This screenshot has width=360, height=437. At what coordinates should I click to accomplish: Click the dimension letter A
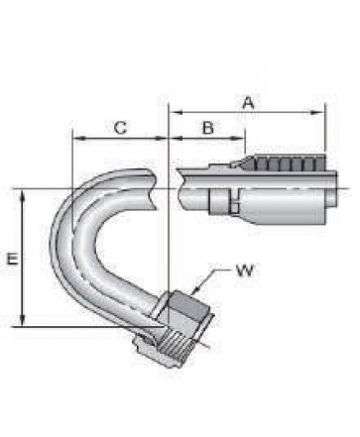(x=249, y=102)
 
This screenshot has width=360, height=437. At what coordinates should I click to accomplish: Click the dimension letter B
(x=208, y=128)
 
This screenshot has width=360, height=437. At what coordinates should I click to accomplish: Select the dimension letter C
(x=121, y=128)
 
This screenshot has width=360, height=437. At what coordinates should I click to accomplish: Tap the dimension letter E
(x=13, y=259)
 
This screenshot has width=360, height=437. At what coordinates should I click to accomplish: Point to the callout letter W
(x=245, y=271)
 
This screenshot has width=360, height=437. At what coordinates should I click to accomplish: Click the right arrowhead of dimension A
(x=318, y=113)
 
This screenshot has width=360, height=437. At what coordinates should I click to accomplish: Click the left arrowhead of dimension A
(x=176, y=113)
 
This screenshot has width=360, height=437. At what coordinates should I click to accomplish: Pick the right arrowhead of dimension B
(x=238, y=138)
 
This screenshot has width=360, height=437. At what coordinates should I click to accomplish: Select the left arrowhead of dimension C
(x=79, y=138)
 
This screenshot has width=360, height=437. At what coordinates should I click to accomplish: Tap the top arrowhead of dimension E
(x=23, y=196)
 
